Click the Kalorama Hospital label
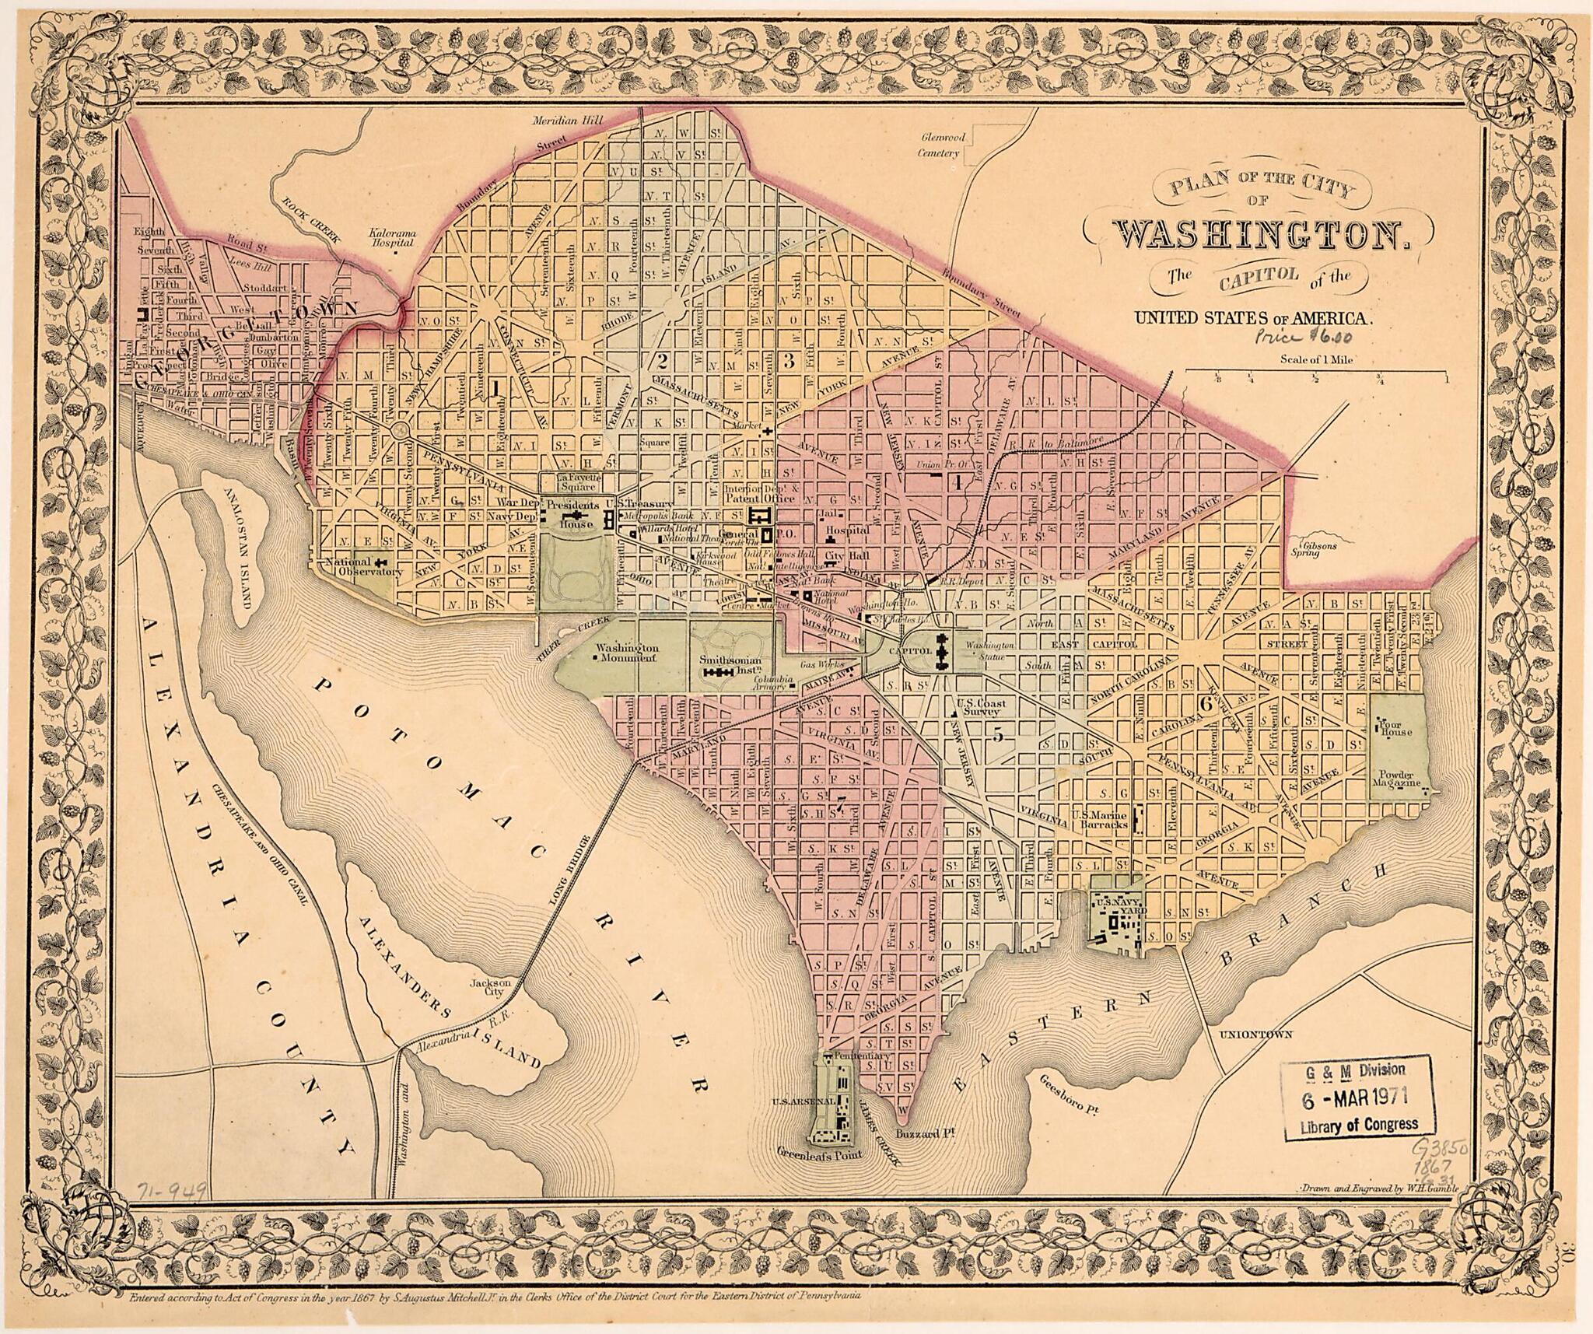393,237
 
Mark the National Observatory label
364,566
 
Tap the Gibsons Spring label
1316,551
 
